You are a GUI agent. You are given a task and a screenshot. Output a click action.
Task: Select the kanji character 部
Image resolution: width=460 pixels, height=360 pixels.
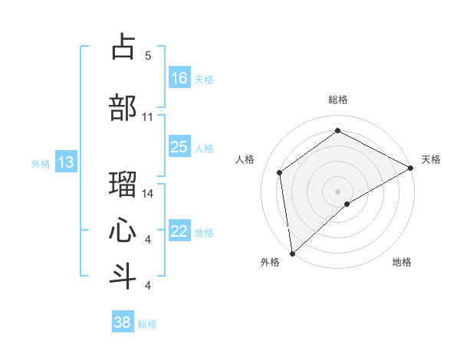tap(123, 107)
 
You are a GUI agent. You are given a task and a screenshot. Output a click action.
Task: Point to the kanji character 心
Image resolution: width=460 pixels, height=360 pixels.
tap(123, 230)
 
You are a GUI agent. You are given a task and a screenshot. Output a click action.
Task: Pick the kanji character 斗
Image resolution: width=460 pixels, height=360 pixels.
tap(123, 276)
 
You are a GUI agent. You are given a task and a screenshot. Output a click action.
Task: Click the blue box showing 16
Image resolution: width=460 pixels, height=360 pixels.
tap(179, 78)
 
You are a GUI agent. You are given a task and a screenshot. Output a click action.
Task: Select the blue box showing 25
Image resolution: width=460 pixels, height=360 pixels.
tap(179, 147)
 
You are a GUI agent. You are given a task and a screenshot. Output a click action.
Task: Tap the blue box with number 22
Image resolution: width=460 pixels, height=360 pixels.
tap(179, 232)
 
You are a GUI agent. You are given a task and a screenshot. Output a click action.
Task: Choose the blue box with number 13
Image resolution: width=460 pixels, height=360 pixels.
tap(65, 162)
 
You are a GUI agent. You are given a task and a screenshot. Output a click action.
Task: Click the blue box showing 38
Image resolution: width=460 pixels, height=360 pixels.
tap(123, 322)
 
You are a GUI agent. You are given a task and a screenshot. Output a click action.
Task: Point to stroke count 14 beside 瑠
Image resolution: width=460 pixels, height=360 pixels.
tap(149, 194)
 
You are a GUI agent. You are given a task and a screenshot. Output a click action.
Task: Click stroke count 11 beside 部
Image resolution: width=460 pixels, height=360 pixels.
tap(148, 117)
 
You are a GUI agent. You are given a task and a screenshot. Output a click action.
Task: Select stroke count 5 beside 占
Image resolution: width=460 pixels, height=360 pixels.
tap(148, 55)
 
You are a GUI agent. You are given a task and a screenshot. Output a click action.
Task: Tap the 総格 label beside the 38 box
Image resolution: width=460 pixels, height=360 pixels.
tap(147, 324)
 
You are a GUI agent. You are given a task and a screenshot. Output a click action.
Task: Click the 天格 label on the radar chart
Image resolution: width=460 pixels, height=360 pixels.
tap(431, 159)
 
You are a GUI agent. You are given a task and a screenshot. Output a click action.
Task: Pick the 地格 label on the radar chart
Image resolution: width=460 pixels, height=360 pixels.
tap(402, 262)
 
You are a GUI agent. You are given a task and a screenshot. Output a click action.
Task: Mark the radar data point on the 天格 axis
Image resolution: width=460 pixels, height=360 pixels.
tap(411, 169)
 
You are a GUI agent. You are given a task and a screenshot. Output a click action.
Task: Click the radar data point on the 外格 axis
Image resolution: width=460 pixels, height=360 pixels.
tap(292, 253)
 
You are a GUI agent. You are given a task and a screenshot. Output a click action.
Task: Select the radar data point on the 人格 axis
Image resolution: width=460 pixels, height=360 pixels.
tap(280, 172)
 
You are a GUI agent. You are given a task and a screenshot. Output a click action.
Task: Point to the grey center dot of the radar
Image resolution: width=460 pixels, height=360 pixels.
tap(337, 191)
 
